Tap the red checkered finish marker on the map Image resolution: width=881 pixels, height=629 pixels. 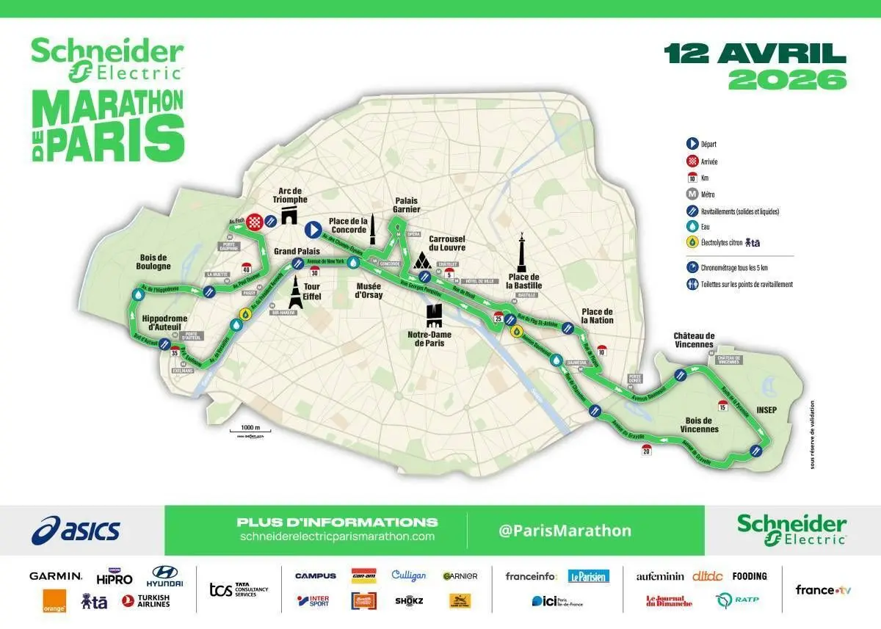[x=254, y=221]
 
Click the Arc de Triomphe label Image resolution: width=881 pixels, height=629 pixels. [x=287, y=196]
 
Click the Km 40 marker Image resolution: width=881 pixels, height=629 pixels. [x=246, y=268]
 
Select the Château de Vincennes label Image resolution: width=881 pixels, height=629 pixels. [x=693, y=340]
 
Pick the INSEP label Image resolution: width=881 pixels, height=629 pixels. [x=766, y=410]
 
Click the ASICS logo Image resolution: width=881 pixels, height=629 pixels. [x=76, y=530]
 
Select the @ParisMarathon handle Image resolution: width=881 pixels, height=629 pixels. [x=565, y=530]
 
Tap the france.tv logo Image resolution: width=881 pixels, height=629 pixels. [x=823, y=590]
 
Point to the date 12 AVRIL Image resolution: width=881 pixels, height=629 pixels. [x=755, y=53]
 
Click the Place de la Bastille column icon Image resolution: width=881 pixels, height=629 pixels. [x=522, y=253]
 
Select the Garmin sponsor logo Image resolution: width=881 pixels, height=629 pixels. [x=56, y=576]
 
